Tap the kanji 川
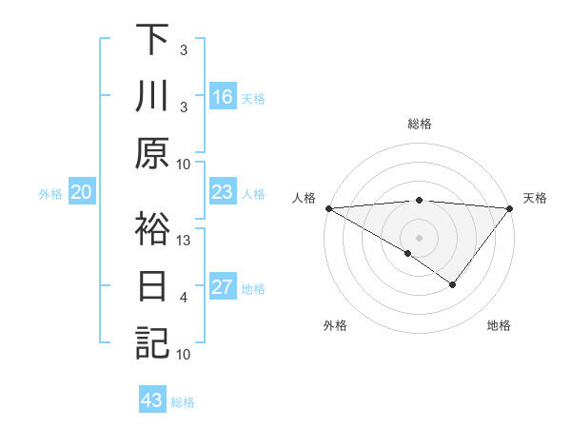pos(151,96)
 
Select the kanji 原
pos(151,153)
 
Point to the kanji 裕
pos(151,229)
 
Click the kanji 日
pos(151,286)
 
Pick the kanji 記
pos(151,343)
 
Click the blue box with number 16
pos(223,97)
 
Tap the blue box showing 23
pos(223,193)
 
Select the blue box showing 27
pos(223,288)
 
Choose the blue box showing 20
pos(82,193)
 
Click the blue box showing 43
pos(152,401)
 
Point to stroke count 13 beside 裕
pos(185,241)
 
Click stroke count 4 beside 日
pos(185,298)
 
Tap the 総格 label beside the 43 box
pos(183,402)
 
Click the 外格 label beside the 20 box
pos(50,194)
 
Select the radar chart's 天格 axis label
pos(536,198)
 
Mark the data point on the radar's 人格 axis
pos(328,207)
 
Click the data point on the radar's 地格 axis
pos(453,284)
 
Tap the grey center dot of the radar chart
pos(419,236)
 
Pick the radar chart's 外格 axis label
pos(335,325)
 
